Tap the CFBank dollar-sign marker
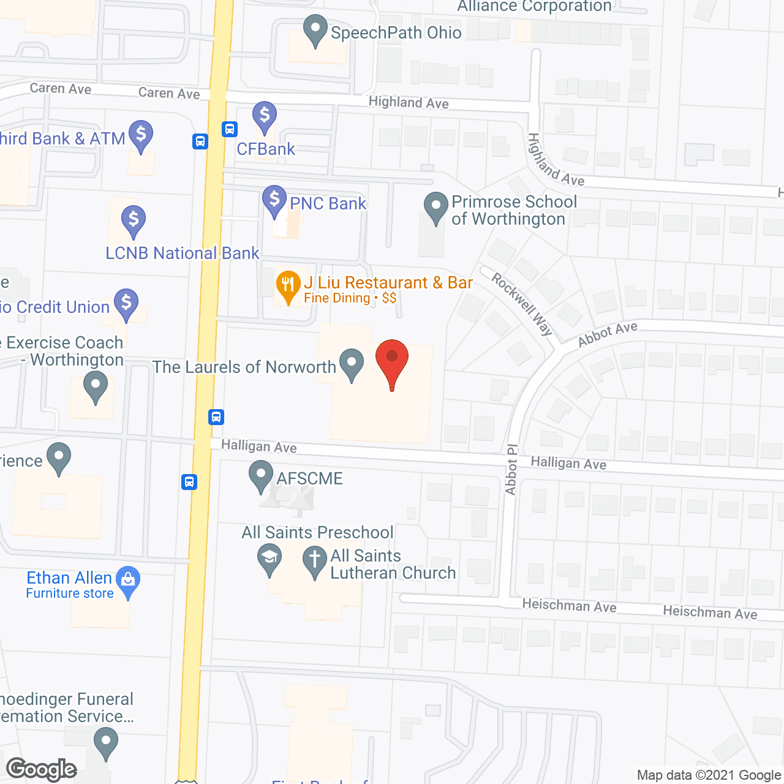265,116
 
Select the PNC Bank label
328,203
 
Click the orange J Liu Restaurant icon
287,285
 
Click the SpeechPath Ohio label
396,32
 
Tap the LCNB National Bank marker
134,220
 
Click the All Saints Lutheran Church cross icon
315,560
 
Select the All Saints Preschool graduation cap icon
269,559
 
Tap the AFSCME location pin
261,476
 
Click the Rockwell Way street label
522,304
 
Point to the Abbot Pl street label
511,469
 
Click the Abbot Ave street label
608,334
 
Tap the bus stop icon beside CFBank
230,129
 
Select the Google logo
42,769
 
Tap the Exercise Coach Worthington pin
96,388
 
